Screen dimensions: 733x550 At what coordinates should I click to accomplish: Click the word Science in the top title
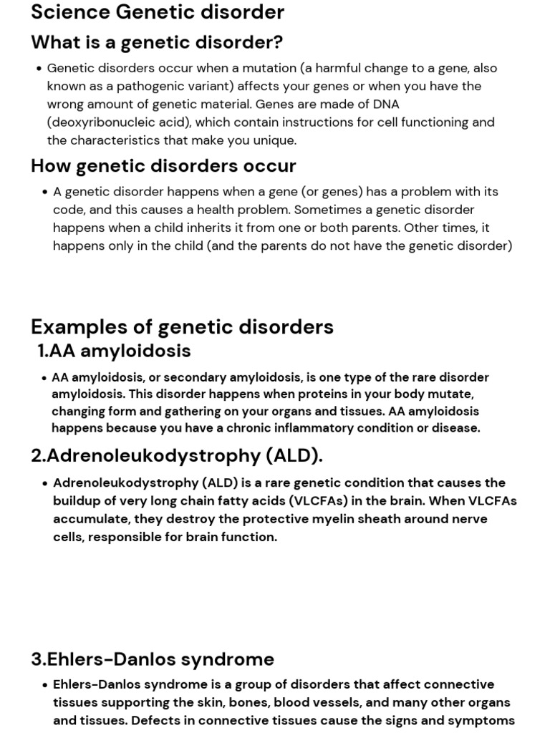(69, 12)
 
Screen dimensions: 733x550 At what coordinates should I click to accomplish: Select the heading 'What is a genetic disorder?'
(157, 42)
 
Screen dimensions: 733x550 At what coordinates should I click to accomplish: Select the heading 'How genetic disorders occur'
(163, 165)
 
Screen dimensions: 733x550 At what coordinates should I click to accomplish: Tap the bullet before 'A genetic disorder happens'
(44, 192)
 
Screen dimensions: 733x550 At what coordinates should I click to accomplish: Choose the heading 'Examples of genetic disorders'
(182, 326)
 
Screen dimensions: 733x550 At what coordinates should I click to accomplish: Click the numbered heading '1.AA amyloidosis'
(114, 351)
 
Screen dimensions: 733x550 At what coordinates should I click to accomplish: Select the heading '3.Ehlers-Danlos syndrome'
(153, 659)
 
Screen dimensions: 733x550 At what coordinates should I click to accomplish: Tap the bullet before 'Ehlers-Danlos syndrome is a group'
(44, 685)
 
